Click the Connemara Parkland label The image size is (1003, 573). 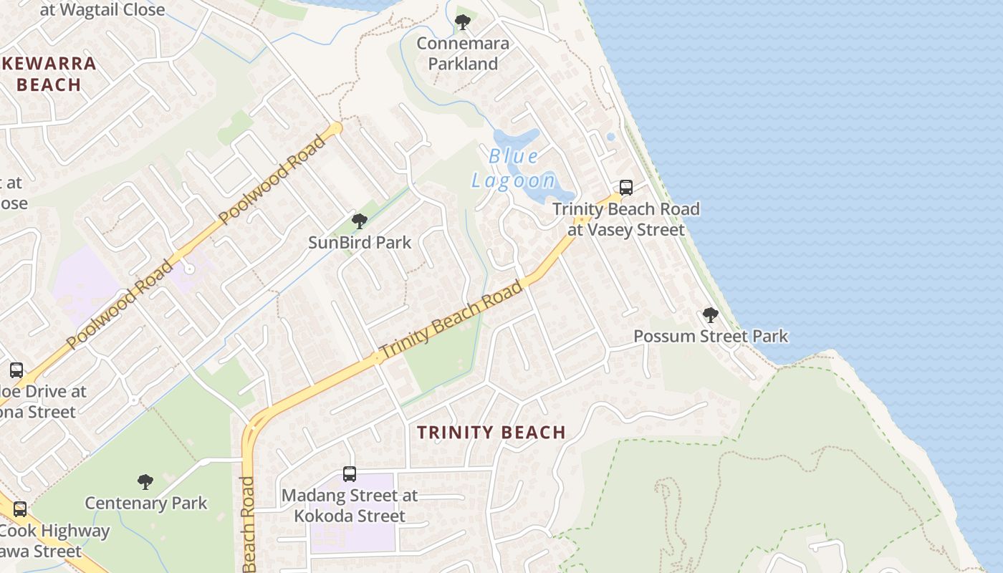[463, 54]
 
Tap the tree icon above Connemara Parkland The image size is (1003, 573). [463, 22]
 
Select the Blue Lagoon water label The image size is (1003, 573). [513, 168]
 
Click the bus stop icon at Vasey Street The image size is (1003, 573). [625, 188]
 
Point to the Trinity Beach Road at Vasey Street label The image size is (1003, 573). [626, 219]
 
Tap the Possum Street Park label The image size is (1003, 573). [711, 336]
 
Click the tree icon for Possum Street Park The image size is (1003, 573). [710, 315]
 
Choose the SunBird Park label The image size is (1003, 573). [360, 242]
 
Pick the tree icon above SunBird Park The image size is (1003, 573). [360, 221]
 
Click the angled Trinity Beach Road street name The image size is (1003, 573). [451, 320]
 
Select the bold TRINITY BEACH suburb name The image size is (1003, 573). [491, 433]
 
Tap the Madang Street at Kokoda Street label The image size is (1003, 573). [350, 505]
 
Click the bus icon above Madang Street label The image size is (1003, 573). [350, 473]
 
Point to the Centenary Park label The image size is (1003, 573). [145, 503]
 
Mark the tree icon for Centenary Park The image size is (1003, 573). [145, 481]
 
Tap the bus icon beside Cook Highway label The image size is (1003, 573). [20, 509]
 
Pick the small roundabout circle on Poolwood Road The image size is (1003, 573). [189, 269]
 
